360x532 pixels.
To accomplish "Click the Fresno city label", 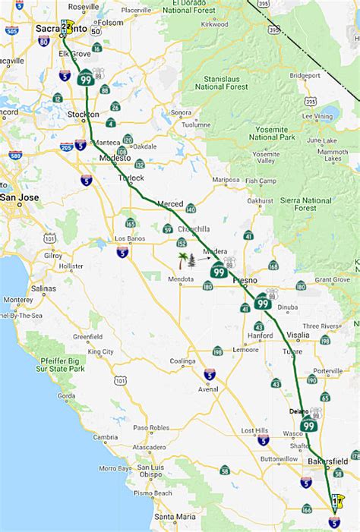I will tap(245, 280).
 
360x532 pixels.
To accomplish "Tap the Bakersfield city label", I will tap(328, 461).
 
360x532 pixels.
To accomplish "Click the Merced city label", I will tap(170, 204).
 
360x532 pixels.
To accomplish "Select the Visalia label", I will tap(298, 335).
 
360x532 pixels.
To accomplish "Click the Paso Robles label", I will tap(150, 427).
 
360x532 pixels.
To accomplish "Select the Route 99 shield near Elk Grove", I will tap(87, 77).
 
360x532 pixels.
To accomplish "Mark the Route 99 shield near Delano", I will tap(309, 426).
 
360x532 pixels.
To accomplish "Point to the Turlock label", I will tap(131, 178).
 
